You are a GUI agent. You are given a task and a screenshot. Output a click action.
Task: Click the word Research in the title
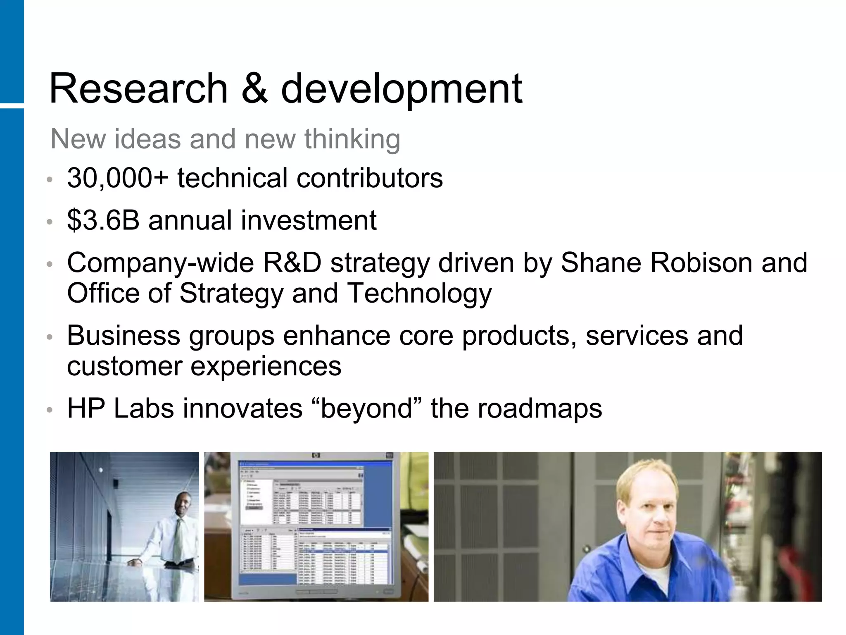[138, 88]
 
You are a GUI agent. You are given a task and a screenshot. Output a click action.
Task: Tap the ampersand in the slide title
[254, 88]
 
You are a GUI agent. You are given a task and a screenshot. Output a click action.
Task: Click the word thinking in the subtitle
[352, 139]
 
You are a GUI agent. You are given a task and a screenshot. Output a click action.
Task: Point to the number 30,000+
[117, 179]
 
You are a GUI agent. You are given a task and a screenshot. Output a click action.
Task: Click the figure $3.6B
[103, 220]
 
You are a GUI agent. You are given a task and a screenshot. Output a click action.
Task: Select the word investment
[309, 220]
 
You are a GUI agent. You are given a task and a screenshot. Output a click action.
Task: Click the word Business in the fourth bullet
[124, 336]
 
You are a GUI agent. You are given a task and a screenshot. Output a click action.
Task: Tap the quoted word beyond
[367, 409]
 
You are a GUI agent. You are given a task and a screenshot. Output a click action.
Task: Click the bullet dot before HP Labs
[50, 410]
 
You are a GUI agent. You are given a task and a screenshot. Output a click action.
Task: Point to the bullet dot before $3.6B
[50, 222]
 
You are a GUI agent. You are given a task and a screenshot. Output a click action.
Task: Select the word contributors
[369, 179]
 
